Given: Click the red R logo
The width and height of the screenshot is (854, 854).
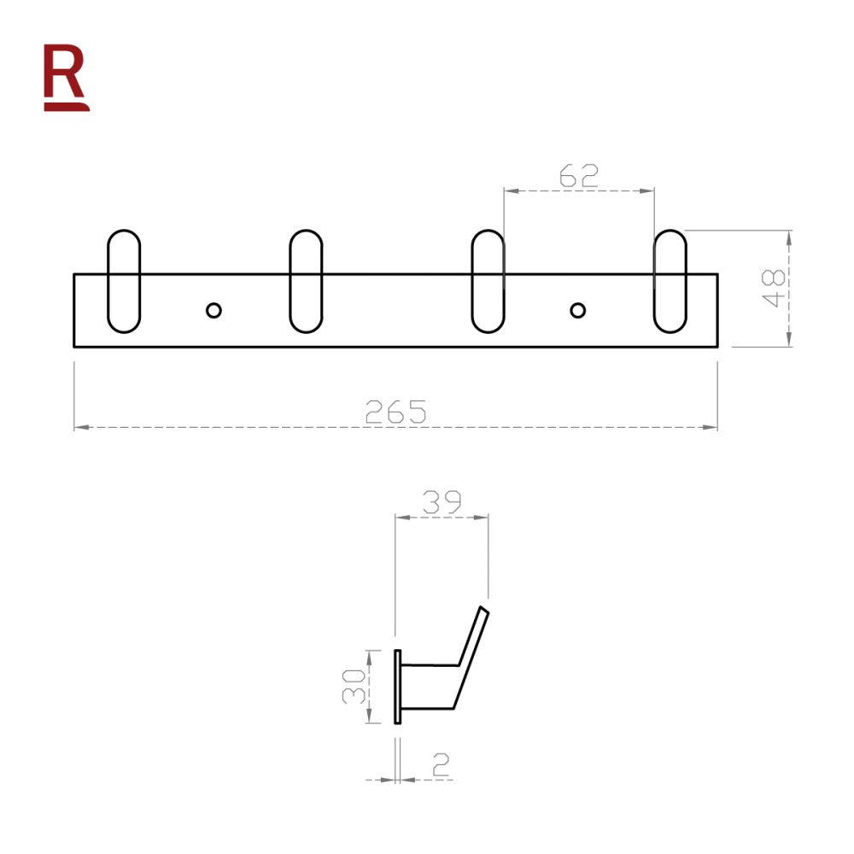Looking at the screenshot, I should click(x=66, y=79).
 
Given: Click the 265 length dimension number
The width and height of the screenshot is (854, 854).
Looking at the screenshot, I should click(x=395, y=412).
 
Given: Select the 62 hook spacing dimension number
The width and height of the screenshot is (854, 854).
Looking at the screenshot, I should click(x=578, y=177).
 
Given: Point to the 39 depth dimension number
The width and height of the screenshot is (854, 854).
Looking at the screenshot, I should click(x=441, y=502).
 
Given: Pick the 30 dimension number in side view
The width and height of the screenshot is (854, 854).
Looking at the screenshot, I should click(x=355, y=686).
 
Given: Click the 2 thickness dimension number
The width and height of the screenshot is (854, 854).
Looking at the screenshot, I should click(x=441, y=765).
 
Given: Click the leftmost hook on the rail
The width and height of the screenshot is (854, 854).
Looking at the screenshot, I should click(x=124, y=281).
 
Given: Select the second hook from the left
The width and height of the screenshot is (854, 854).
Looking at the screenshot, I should click(x=306, y=281).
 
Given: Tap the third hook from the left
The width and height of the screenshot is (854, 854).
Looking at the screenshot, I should click(x=488, y=281).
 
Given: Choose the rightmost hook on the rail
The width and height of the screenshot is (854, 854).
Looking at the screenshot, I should click(x=670, y=281).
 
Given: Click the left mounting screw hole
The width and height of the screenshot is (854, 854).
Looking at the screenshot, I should click(x=213, y=309).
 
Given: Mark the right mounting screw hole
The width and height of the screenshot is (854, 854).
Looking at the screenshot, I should click(x=578, y=309).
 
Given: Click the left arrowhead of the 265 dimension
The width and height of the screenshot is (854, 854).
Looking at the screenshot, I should click(x=79, y=426).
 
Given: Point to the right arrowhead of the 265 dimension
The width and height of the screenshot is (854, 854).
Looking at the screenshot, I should click(x=712, y=426).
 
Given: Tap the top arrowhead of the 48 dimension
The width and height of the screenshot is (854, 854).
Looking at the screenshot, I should click(x=790, y=236).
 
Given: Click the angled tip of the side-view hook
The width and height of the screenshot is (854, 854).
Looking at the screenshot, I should click(x=483, y=610).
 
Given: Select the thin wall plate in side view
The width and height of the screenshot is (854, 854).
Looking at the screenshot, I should click(x=397, y=687).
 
